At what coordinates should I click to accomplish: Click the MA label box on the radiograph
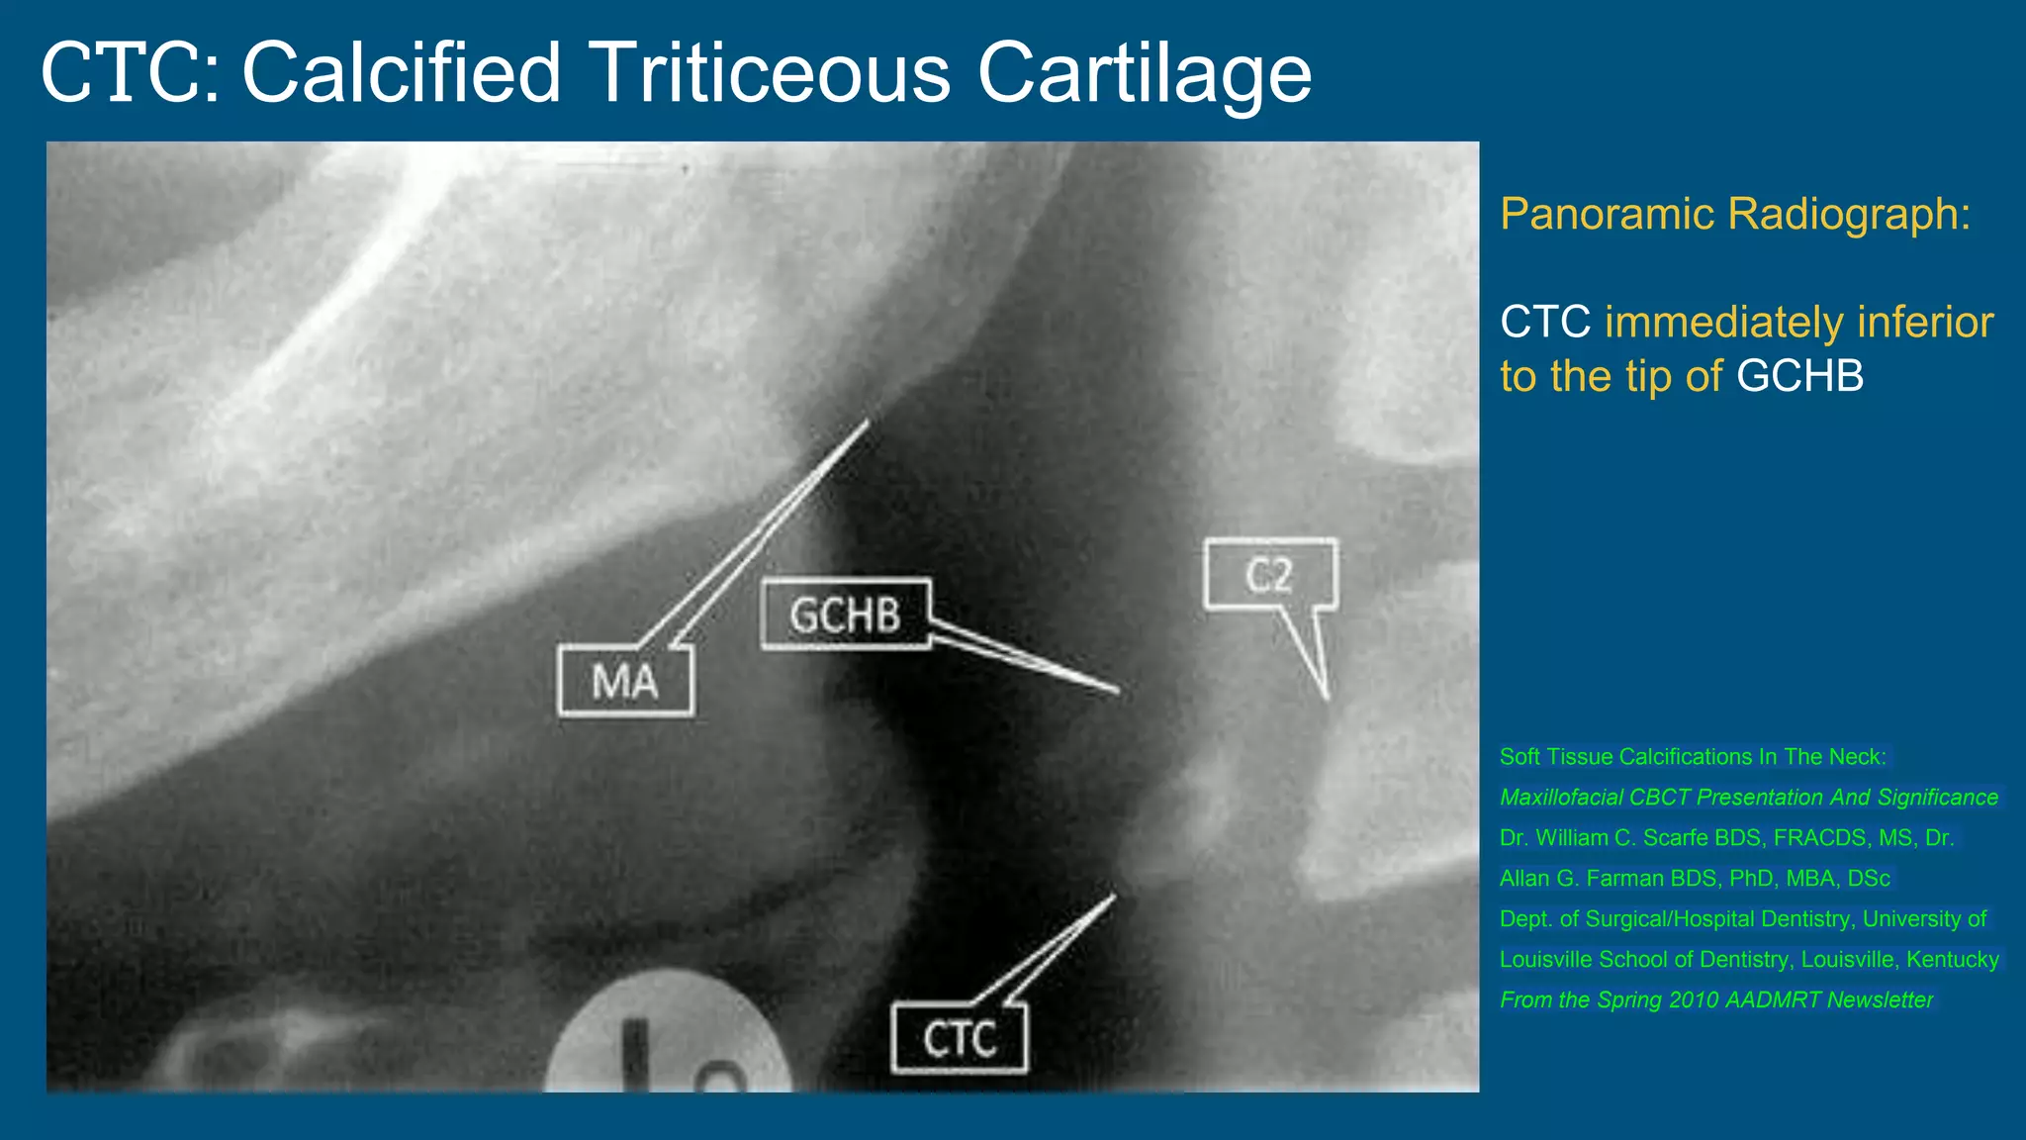click(x=625, y=681)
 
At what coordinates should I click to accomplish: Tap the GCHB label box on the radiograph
click(x=846, y=615)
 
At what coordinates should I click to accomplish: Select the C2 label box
click(x=1270, y=574)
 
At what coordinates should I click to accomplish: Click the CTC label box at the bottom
click(x=959, y=1038)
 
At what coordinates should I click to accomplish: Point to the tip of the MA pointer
click(x=868, y=422)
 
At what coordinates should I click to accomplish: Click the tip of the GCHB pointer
click(x=1118, y=690)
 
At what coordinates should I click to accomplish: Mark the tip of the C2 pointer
click(x=1326, y=698)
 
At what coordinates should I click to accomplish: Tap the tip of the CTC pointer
click(x=1115, y=897)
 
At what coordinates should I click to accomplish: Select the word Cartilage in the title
click(x=1145, y=73)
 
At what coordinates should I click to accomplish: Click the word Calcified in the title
click(x=402, y=73)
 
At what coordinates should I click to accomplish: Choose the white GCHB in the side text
click(x=1799, y=376)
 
